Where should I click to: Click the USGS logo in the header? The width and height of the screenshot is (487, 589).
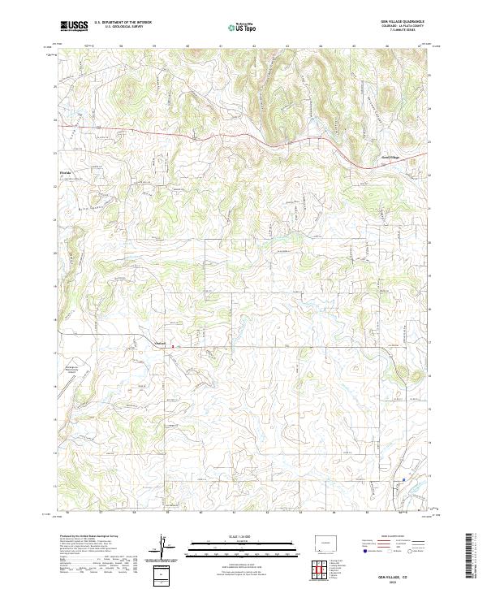[74, 26]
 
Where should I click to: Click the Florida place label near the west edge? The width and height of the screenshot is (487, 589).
[67, 173]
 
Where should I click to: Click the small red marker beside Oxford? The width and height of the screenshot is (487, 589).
[171, 344]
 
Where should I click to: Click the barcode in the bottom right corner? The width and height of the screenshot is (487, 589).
[472, 557]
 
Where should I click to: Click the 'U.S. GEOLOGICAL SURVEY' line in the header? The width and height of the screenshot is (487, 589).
[123, 28]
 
